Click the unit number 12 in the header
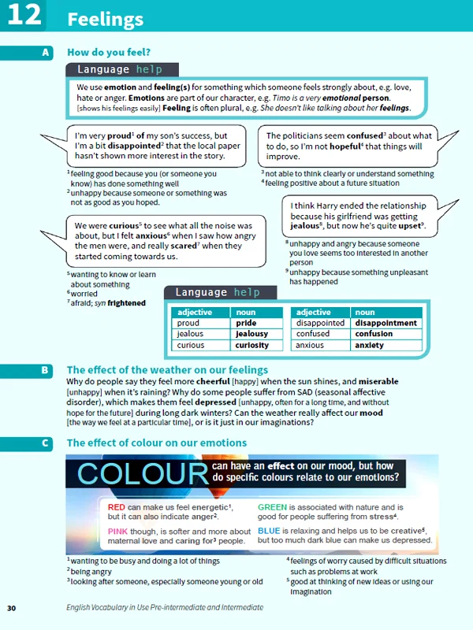[x=23, y=16]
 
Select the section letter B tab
[x=45, y=369]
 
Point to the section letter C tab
[x=45, y=443]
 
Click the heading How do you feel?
[x=109, y=52]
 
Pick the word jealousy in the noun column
[x=252, y=334]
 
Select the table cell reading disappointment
[x=385, y=323]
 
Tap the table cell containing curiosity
[x=252, y=345]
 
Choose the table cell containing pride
[x=246, y=323]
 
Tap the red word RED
[x=116, y=507]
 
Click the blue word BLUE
[x=271, y=531]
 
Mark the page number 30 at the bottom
[x=11, y=608]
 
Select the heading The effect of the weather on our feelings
[x=167, y=369]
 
